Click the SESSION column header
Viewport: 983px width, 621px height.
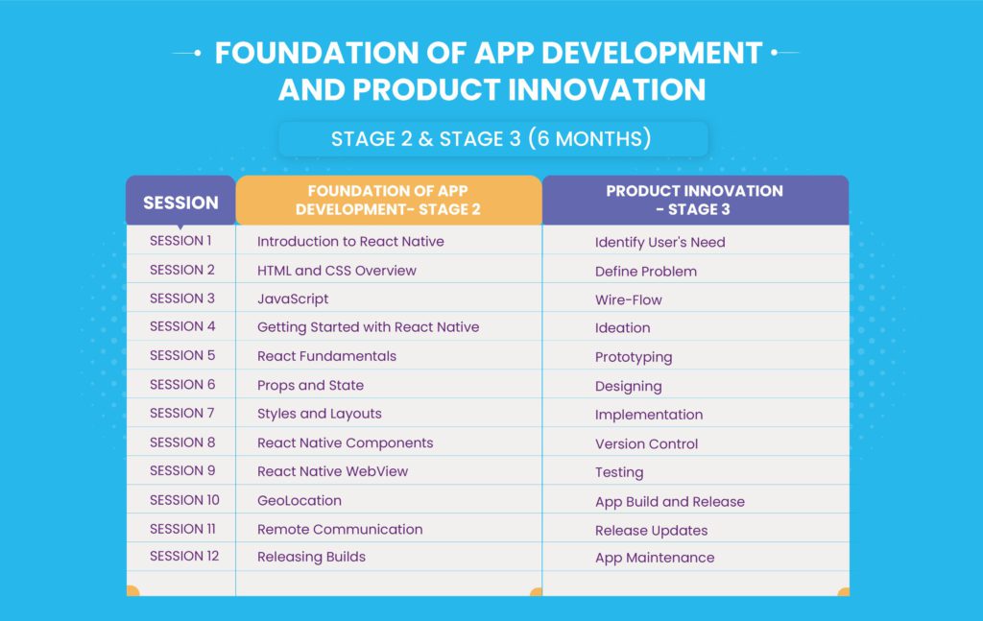180,203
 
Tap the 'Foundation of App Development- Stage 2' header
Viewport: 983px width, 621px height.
388,200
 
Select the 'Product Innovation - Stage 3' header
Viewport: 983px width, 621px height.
695,200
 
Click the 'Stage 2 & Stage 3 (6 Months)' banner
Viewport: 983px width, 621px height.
492,138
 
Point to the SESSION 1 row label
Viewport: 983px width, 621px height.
180,241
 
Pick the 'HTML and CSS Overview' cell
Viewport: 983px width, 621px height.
337,271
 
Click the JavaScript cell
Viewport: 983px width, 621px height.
293,299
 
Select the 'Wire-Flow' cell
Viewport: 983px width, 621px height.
628,299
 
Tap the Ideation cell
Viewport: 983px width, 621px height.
622,327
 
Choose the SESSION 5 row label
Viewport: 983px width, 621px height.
182,355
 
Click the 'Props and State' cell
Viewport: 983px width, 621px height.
310,386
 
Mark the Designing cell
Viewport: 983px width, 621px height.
628,387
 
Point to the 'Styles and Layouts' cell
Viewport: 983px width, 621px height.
319,414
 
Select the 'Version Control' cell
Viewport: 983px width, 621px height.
646,443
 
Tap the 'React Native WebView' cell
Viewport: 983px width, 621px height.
332,471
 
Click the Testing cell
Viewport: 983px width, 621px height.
619,472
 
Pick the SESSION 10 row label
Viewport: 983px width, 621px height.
184,500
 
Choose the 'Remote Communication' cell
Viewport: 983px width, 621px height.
340,529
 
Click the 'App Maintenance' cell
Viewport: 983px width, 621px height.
655,558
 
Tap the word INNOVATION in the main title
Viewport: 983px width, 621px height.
607,89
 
